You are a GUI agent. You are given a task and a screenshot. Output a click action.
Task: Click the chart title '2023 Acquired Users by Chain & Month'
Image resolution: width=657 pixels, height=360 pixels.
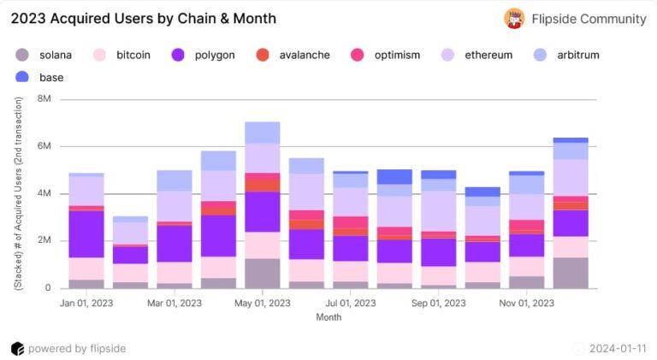[144, 19]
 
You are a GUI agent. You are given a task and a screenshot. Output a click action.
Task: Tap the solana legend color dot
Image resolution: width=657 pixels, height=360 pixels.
[21, 55]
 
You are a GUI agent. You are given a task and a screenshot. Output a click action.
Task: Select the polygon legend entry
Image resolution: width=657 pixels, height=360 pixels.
[204, 55]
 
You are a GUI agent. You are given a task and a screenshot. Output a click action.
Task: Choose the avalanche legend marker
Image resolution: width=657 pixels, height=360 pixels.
[263, 55]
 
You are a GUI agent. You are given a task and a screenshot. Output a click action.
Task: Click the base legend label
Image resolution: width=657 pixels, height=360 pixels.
[51, 78]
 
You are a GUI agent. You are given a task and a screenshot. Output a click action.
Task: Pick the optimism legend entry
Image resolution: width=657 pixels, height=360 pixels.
[386, 55]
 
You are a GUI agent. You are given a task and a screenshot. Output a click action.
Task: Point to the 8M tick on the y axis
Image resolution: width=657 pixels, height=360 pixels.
[44, 99]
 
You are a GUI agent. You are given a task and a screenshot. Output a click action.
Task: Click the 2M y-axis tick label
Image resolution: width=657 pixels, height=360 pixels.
[44, 240]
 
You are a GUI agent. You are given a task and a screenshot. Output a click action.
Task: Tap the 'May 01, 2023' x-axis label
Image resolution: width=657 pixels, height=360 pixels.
[263, 303]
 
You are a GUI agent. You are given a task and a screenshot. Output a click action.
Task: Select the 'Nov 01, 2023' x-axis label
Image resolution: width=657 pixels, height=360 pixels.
[527, 303]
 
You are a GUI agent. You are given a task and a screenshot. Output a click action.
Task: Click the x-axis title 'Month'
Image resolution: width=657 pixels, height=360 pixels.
[328, 317]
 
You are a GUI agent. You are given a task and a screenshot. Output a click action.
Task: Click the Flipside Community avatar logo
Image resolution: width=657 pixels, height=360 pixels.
[514, 19]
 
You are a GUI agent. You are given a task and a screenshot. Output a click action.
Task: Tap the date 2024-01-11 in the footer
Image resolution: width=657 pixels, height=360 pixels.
[618, 349]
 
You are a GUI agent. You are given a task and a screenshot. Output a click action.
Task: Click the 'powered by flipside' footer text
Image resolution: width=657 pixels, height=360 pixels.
[77, 349]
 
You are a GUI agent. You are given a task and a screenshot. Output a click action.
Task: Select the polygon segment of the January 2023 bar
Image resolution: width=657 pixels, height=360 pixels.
[86, 234]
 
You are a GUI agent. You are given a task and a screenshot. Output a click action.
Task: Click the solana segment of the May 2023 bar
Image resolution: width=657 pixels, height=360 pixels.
[263, 274]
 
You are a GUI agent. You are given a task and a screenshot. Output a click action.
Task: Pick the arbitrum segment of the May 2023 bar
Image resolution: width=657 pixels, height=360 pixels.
[263, 133]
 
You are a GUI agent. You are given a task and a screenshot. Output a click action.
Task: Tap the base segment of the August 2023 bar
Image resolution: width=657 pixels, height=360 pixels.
[394, 177]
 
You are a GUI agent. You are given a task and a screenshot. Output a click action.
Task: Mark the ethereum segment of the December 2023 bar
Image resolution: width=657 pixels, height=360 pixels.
[571, 178]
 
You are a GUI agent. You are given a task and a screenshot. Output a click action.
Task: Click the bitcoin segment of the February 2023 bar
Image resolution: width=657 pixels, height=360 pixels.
[130, 273]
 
